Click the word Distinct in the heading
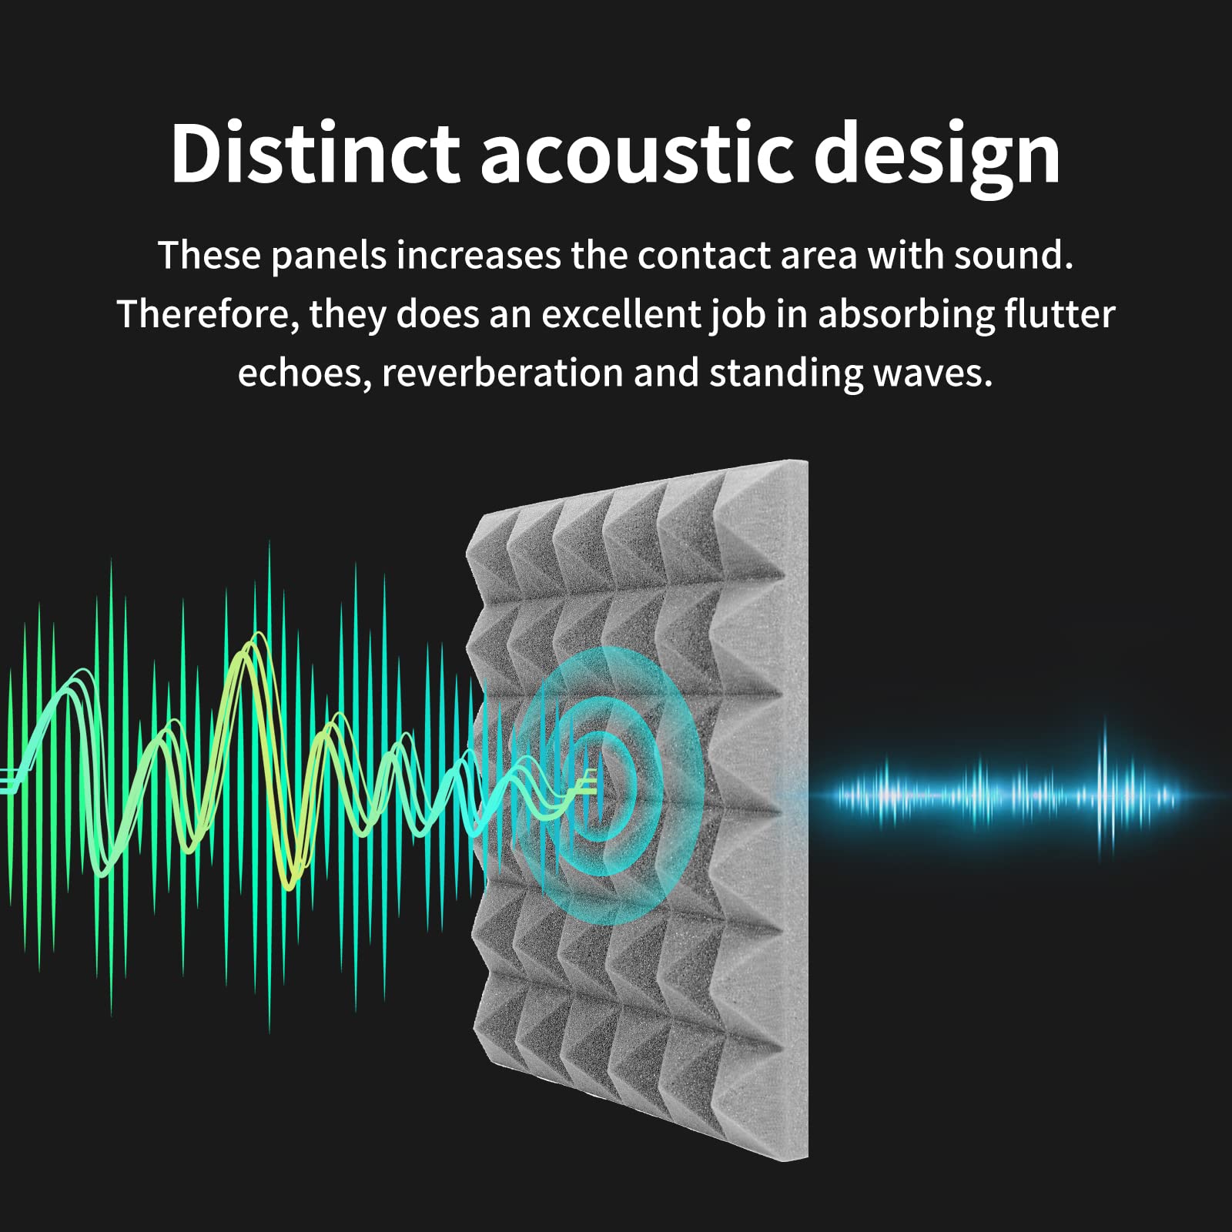314,154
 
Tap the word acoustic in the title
636,154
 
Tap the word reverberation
501,373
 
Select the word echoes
303,373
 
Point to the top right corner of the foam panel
805,462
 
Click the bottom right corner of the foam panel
805,1155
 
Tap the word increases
478,256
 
